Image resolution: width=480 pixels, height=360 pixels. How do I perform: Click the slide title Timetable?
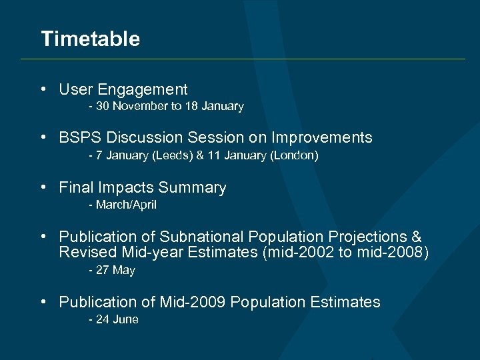point(90,39)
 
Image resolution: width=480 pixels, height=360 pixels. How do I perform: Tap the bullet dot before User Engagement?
point(43,89)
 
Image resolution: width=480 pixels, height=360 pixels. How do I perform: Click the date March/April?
point(126,205)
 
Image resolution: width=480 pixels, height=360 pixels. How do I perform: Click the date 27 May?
point(115,271)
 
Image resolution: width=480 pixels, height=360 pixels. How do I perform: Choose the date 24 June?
point(117,320)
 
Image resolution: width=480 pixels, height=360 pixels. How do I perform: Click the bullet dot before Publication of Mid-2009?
point(43,302)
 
